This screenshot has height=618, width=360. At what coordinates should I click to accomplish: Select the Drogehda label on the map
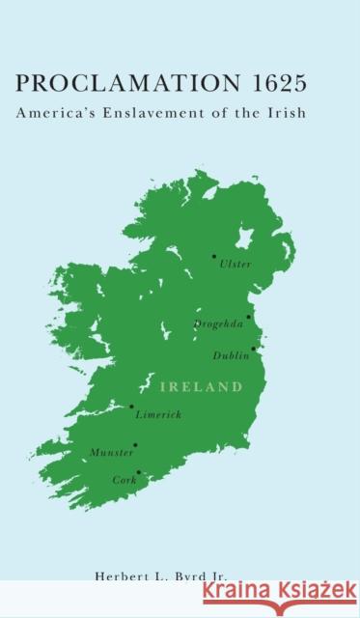pyautogui.click(x=218, y=323)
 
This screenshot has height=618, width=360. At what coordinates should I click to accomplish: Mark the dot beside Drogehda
pyautogui.click(x=248, y=317)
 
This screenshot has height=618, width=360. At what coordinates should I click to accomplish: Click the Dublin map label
pyautogui.click(x=231, y=354)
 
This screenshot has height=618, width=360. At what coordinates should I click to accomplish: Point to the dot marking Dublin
pyautogui.click(x=254, y=349)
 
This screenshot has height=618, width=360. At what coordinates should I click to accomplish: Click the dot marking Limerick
pyautogui.click(x=131, y=407)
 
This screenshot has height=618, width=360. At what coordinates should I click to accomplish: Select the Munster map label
pyautogui.click(x=111, y=452)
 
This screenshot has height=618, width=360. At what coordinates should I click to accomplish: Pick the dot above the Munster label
pyautogui.click(x=134, y=445)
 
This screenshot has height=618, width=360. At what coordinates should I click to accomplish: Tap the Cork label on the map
pyautogui.click(x=125, y=479)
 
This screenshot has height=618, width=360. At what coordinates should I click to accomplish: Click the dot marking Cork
pyautogui.click(x=138, y=472)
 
